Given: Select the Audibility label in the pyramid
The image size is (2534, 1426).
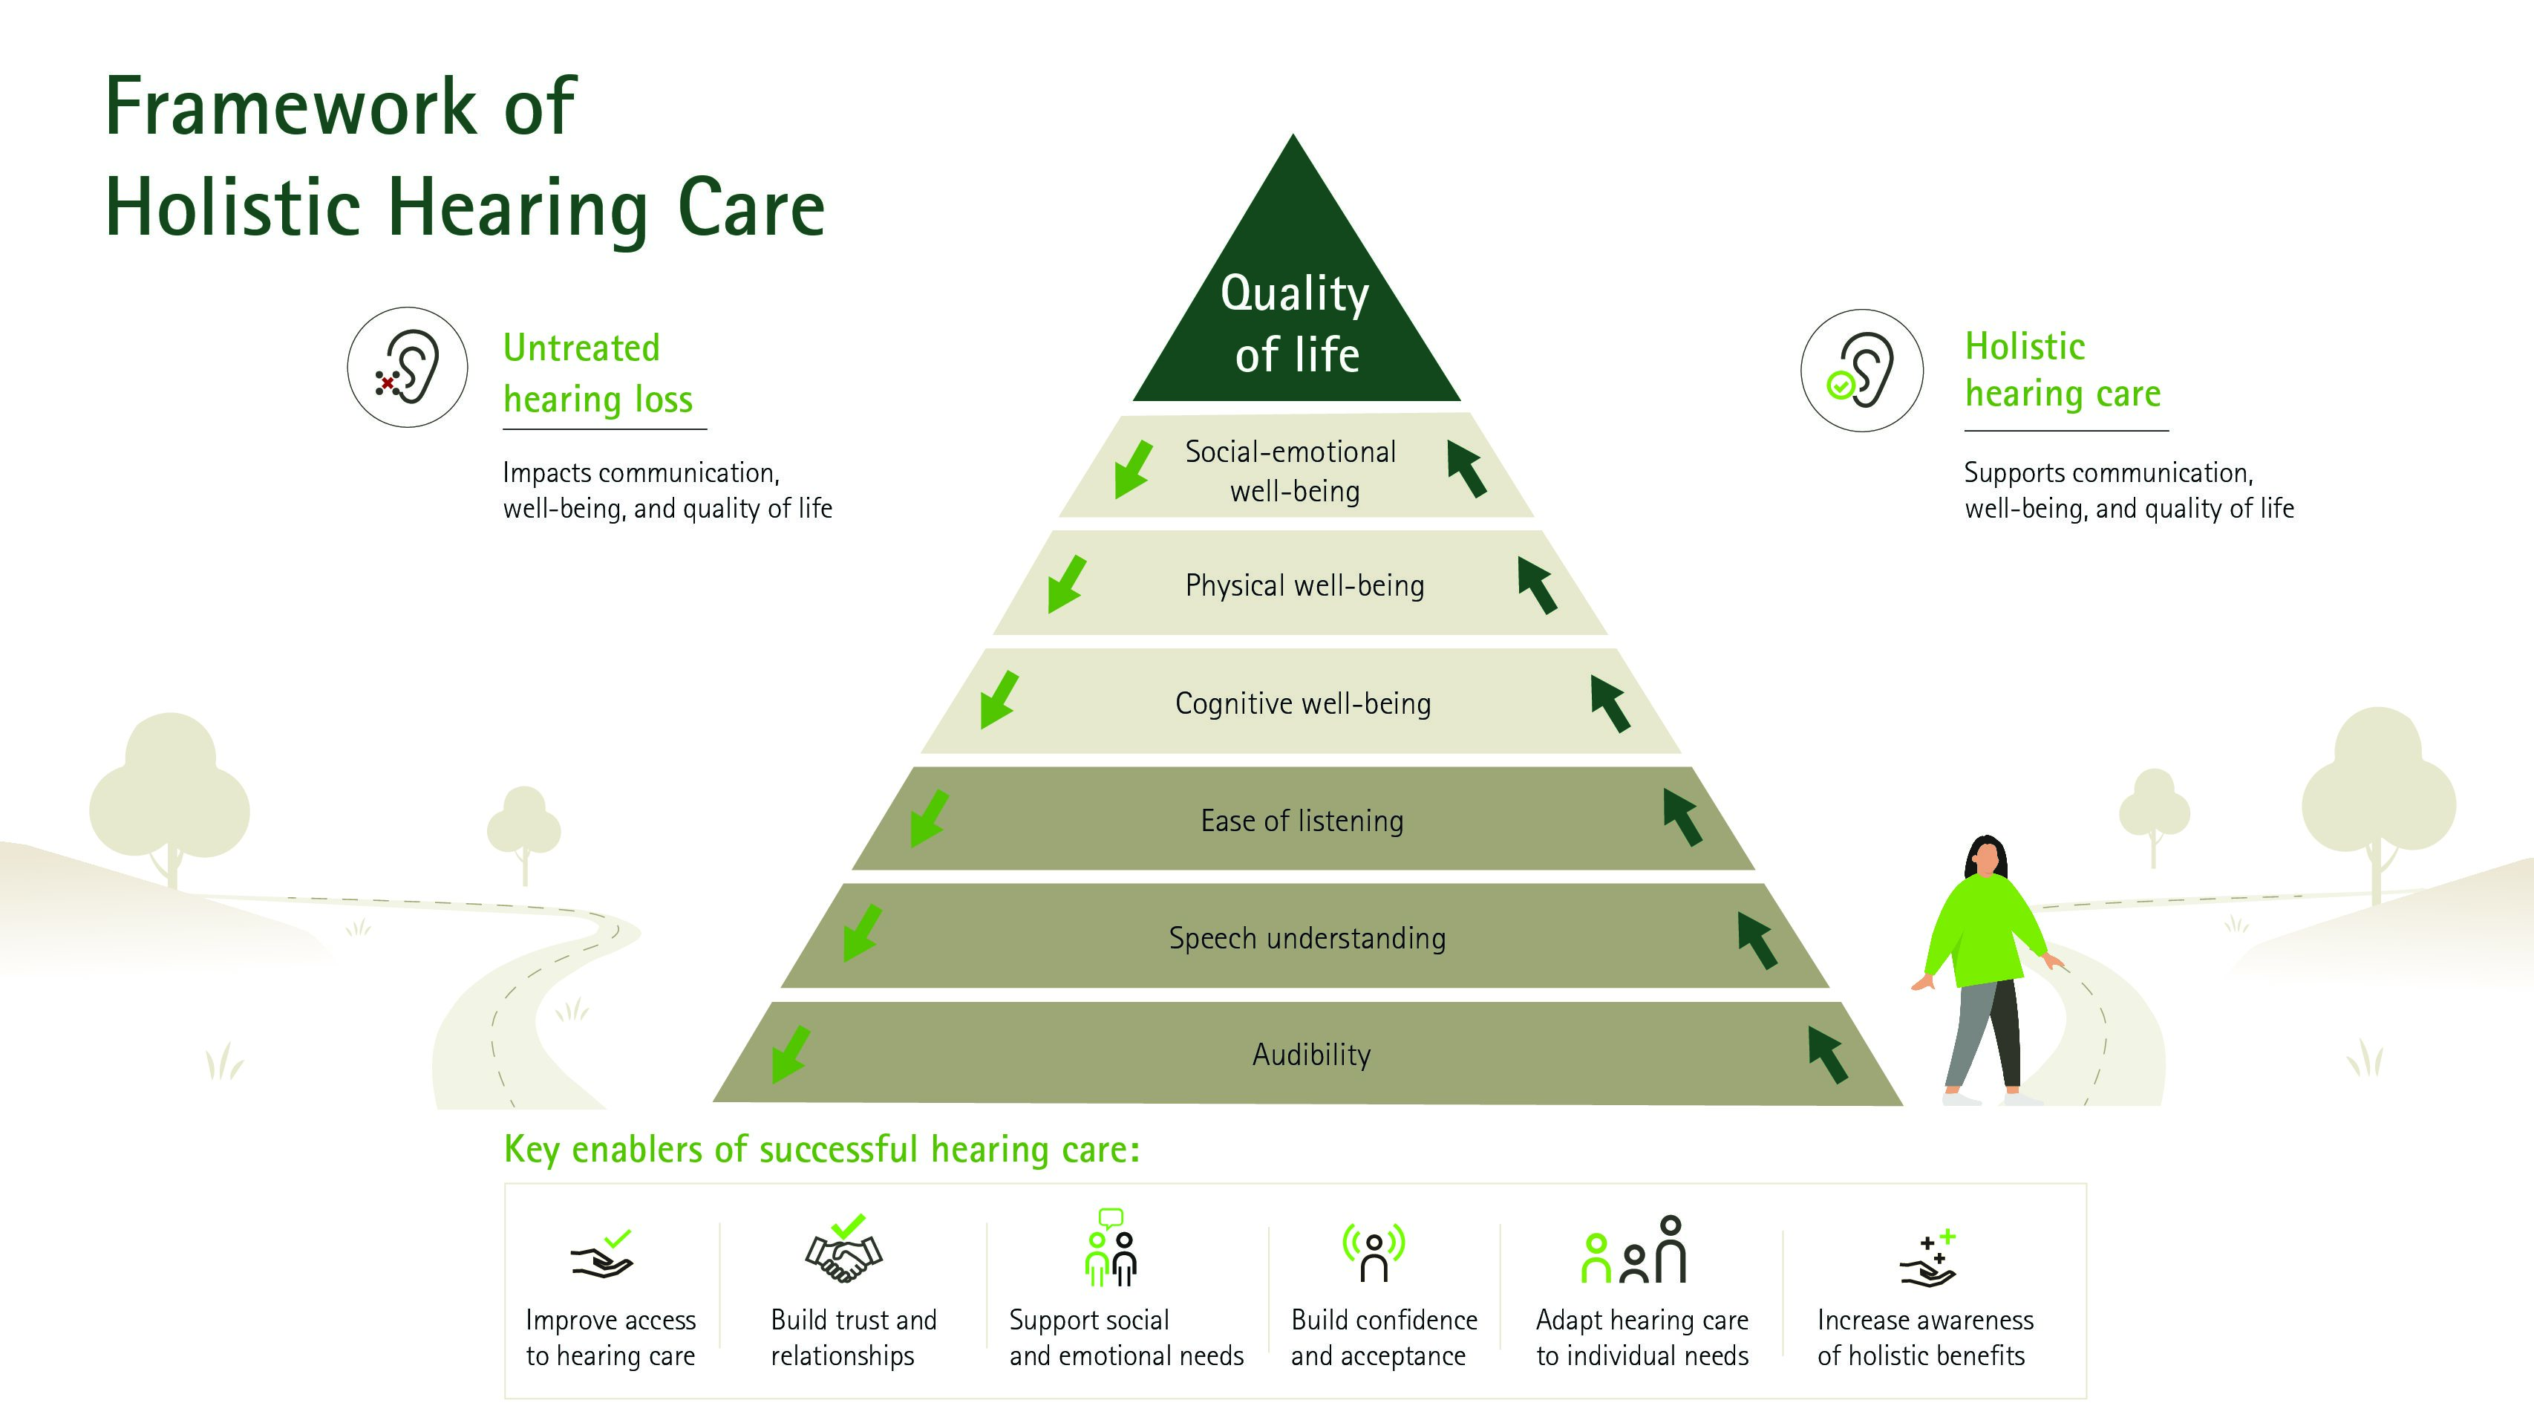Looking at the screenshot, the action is (1311, 1055).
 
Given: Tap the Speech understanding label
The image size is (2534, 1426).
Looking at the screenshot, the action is (1307, 938).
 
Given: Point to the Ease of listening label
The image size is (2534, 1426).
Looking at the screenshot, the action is (1302, 821).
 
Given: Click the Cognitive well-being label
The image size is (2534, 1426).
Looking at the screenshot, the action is (1304, 703).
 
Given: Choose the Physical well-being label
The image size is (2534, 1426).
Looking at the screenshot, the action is (1304, 585).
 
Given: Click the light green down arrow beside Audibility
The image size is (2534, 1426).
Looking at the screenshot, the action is (790, 1055).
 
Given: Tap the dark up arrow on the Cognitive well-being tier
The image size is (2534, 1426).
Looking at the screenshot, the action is (1610, 703).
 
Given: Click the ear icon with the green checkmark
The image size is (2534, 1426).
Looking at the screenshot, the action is (1861, 370).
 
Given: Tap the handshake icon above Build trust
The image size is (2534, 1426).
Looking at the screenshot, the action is (844, 1250).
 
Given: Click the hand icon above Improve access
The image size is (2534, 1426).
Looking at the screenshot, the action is (602, 1254).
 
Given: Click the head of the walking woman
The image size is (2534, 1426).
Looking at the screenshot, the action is (1986, 856).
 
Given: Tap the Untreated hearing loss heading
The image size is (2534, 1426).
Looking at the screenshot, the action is (598, 374).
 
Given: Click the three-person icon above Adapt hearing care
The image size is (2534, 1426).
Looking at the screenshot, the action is (1634, 1250).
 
